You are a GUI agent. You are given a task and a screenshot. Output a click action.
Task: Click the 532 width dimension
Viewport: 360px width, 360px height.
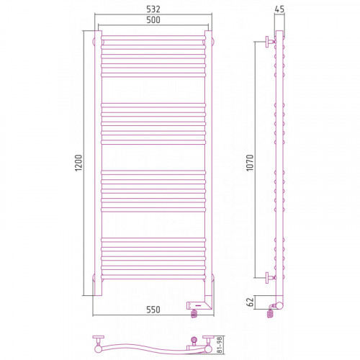click(x=153, y=9)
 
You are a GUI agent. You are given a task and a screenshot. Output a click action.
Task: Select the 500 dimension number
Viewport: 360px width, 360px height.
click(x=153, y=19)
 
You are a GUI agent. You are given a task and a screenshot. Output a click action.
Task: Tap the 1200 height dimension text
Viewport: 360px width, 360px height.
click(x=78, y=163)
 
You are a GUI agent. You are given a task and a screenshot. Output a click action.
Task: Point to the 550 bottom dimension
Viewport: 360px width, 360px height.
click(x=153, y=310)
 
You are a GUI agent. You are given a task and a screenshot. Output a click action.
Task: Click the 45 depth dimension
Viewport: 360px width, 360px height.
click(x=279, y=9)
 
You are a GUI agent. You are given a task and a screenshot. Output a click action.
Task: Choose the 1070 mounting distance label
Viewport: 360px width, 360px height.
click(x=250, y=163)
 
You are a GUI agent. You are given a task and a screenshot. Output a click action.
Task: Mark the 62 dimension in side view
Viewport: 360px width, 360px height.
click(x=250, y=302)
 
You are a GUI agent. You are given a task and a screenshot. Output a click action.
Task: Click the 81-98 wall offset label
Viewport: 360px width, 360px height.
click(x=220, y=345)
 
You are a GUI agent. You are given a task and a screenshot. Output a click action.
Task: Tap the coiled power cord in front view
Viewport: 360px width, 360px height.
click(x=194, y=313)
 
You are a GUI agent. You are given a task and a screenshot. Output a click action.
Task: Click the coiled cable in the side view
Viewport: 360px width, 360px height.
click(x=270, y=313)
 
